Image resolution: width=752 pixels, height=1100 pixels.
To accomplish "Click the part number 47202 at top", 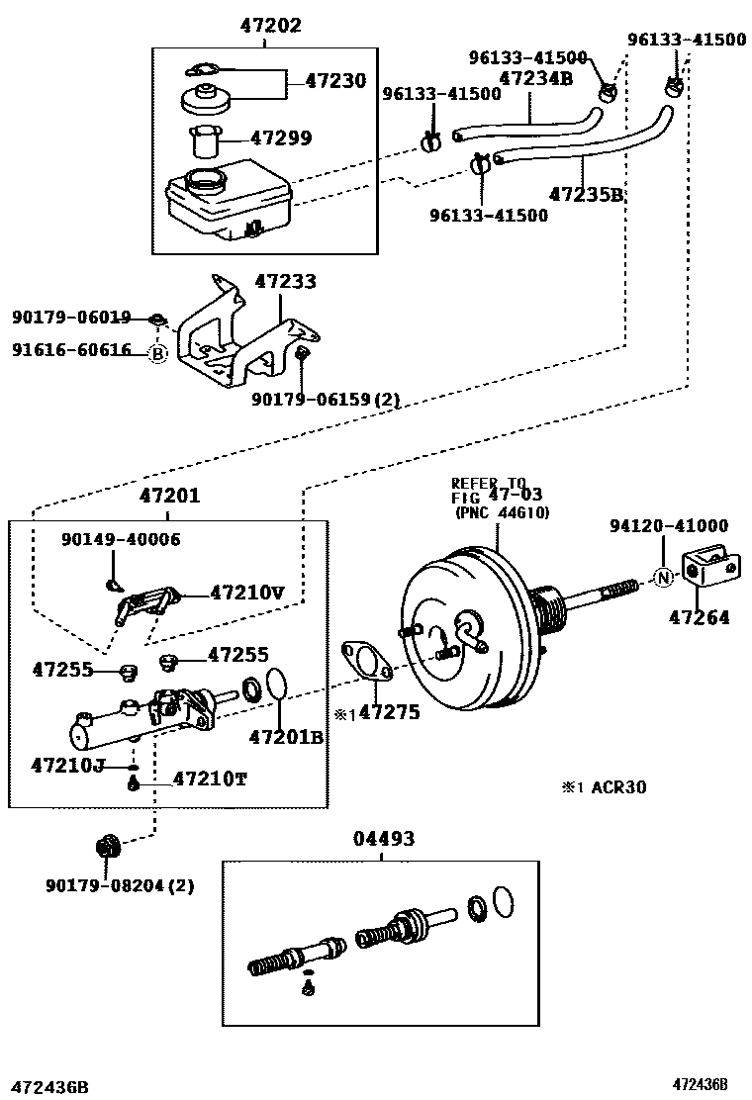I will pyautogui.click(x=270, y=26).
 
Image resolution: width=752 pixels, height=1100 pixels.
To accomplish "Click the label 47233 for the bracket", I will pyautogui.click(x=285, y=282).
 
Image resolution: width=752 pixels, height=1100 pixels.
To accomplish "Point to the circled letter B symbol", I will pyautogui.click(x=157, y=352).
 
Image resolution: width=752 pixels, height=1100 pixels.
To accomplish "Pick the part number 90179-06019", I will pyautogui.click(x=71, y=318).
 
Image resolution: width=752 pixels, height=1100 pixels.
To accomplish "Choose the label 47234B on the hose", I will pyautogui.click(x=535, y=78).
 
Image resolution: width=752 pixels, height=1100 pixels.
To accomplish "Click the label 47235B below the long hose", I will pyautogui.click(x=587, y=194).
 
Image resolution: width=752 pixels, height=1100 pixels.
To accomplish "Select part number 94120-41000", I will pyautogui.click(x=669, y=526).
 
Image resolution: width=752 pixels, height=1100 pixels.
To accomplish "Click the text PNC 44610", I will pyautogui.click(x=502, y=512).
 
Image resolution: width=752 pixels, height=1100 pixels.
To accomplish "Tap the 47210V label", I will pyautogui.click(x=246, y=594).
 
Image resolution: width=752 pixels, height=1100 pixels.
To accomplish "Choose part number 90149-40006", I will pyautogui.click(x=121, y=539).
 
